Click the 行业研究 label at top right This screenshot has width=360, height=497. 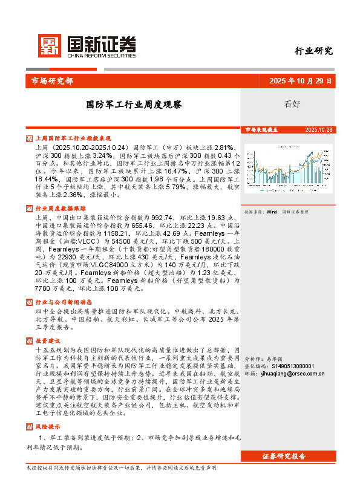(314, 51)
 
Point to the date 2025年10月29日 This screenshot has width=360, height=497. (301, 80)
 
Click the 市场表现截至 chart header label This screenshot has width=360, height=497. (261, 130)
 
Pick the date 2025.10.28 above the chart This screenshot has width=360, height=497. (319, 130)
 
